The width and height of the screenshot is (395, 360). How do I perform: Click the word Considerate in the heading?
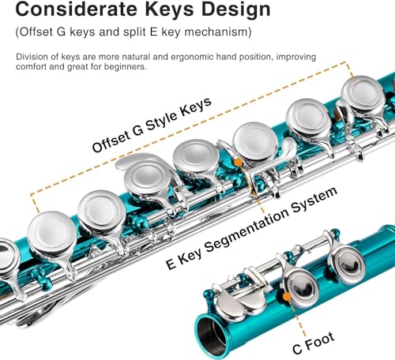coord(77,9)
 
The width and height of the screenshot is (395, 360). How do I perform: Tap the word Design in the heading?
coord(236,10)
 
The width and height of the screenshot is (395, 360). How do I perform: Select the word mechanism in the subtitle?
coord(218,32)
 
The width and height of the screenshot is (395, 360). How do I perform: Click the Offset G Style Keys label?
coord(152,125)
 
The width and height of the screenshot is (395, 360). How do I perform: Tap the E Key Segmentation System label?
coord(251,228)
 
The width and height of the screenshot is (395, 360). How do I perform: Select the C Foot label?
coord(314,343)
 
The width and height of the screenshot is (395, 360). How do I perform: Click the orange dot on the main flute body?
coord(238,163)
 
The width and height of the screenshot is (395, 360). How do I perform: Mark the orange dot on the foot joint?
coord(287,297)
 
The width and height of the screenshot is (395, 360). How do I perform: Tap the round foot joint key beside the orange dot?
coord(303,287)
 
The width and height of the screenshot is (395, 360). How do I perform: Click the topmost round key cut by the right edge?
coord(362,92)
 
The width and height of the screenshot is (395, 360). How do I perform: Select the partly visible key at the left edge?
coord(9,255)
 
